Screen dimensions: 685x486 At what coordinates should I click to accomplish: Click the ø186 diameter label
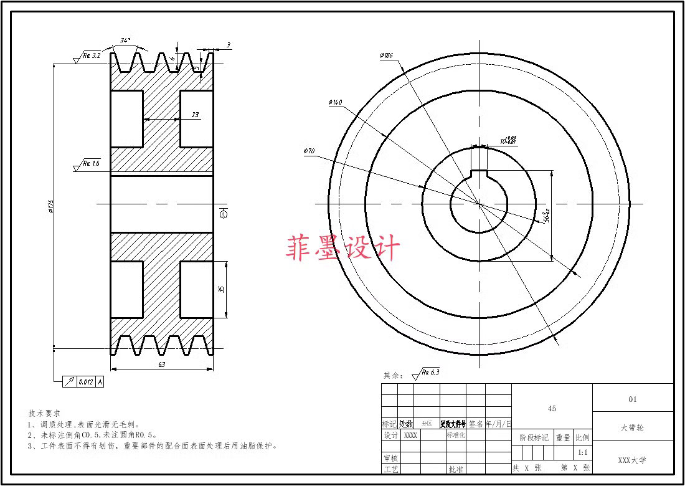[385, 55]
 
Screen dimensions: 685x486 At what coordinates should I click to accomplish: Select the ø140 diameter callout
[334, 102]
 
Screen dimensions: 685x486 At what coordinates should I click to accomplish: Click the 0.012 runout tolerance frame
[85, 381]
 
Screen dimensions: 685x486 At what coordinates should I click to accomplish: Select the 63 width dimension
[161, 364]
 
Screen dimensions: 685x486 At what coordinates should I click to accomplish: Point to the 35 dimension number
[221, 290]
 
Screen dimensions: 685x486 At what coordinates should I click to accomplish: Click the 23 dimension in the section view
[195, 115]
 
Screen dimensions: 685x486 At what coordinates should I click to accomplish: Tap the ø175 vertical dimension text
[50, 206]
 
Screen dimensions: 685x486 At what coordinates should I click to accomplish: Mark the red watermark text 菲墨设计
[342, 248]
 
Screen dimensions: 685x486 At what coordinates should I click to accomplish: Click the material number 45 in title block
[552, 409]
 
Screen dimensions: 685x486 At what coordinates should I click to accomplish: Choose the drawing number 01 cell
[633, 399]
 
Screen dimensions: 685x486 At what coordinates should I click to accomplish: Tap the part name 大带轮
[633, 428]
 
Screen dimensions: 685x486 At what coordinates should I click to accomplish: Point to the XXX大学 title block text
[632, 460]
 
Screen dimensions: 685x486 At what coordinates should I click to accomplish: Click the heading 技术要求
[44, 413]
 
